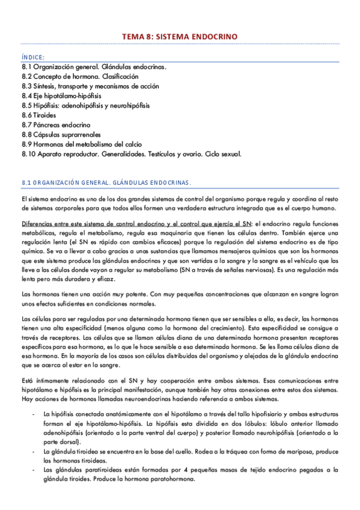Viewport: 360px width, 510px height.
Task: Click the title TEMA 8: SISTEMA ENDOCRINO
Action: (180, 37)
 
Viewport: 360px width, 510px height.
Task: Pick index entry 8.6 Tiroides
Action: (40, 115)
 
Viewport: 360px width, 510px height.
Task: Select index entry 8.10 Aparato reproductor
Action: (131, 153)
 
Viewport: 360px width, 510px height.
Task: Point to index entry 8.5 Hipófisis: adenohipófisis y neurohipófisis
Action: (88, 105)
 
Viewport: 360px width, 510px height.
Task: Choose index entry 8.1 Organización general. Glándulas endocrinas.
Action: (94, 67)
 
